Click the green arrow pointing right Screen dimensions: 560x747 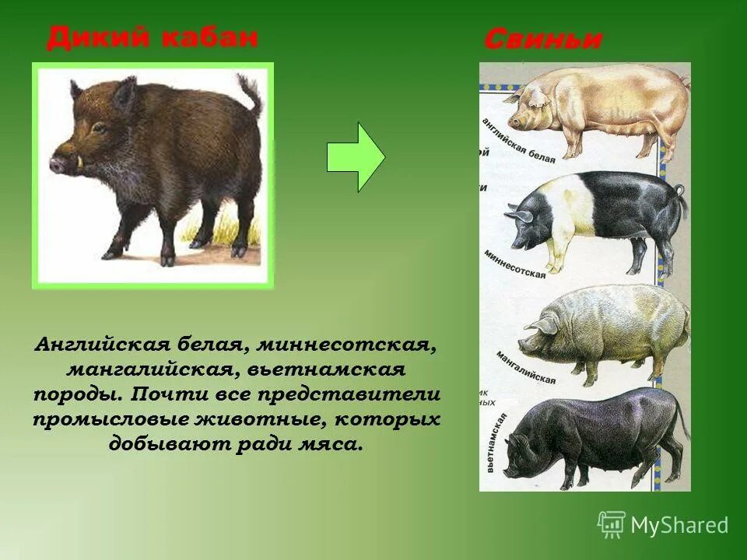[x=355, y=157]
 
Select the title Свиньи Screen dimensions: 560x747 [x=542, y=40]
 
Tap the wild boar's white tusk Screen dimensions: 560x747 [x=82, y=163]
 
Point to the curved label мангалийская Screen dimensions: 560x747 [x=526, y=369]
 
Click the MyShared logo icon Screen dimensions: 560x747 [x=612, y=525]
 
